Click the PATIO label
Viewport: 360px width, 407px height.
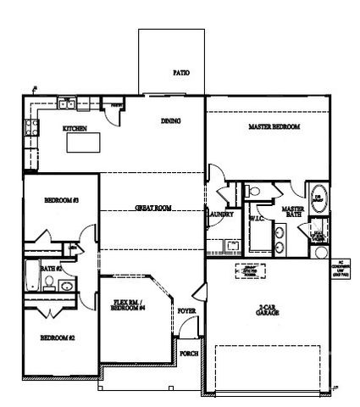tap(180, 73)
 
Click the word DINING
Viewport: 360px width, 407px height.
tap(171, 121)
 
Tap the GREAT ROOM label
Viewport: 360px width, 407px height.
tap(153, 208)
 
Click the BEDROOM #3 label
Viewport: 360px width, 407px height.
tap(61, 200)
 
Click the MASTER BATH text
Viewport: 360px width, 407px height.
tap(293, 211)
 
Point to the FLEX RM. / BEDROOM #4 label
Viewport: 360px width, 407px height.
tap(130, 305)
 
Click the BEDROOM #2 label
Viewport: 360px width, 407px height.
tap(58, 337)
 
